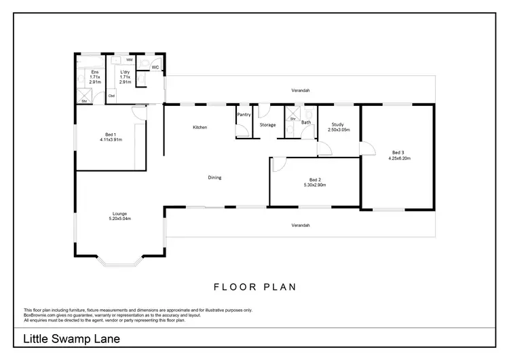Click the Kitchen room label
click(x=199, y=128)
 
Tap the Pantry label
click(x=244, y=115)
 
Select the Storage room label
click(x=267, y=125)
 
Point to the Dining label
click(x=214, y=178)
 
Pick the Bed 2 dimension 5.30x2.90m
click(x=314, y=185)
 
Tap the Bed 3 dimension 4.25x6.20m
click(x=399, y=158)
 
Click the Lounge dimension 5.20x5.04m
click(x=119, y=219)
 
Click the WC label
click(x=155, y=67)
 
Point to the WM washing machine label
click(x=129, y=60)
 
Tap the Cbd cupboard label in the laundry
click(x=111, y=96)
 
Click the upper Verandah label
click(x=301, y=90)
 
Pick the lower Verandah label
click(x=301, y=225)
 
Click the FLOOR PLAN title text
click(x=254, y=287)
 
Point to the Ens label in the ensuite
click(x=95, y=71)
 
